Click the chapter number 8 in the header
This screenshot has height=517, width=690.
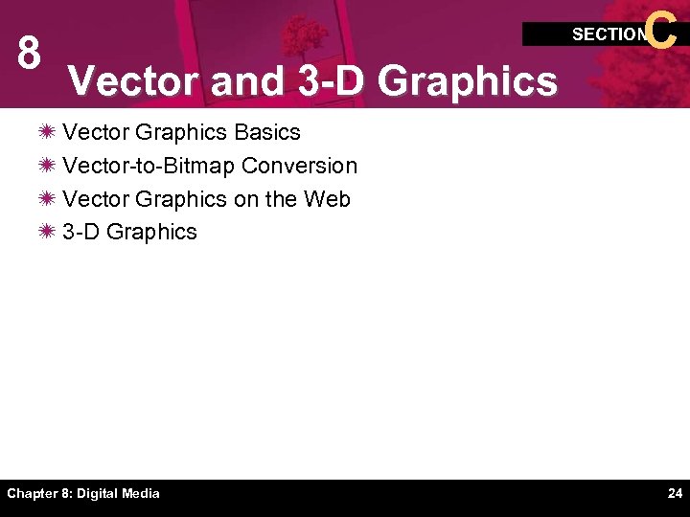pos(29,56)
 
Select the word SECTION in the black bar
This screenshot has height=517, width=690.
pos(609,34)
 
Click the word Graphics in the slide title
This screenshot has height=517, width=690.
pos(468,81)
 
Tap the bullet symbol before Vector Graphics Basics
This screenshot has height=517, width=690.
pos(47,132)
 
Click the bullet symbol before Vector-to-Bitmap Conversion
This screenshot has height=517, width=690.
pos(47,166)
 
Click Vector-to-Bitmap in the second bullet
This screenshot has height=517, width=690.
pos(149,166)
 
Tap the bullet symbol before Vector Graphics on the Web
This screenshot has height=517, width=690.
pos(47,199)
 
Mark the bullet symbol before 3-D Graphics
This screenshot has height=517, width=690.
pos(47,232)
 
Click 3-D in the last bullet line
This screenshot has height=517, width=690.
pos(81,232)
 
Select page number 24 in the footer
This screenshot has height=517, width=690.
pos(675,494)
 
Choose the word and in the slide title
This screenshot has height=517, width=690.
pos(246,81)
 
